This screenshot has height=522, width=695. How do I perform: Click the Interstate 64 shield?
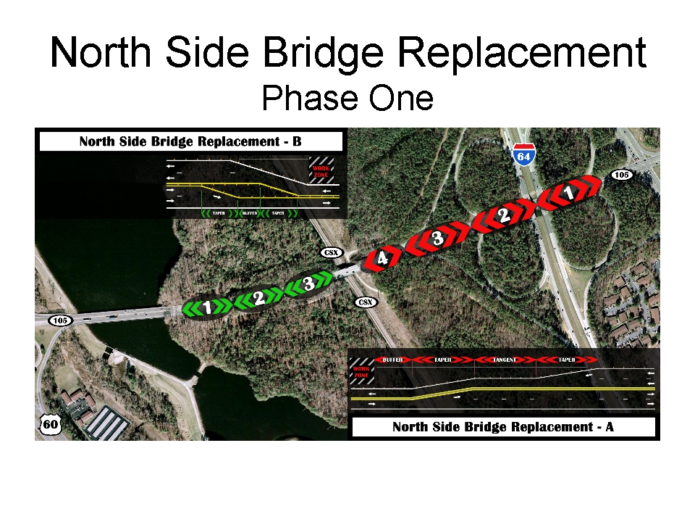pos(523,155)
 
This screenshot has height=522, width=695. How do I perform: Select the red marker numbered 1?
pos(570,194)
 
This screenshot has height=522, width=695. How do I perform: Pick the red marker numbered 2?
pos(505,215)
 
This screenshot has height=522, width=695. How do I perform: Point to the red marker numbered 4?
pos(382,257)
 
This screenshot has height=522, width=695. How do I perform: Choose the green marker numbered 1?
pos(208,307)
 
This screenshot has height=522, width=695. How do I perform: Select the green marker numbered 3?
pos(308,285)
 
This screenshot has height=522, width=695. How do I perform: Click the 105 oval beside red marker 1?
pos(621,175)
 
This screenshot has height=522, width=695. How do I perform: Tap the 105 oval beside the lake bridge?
pos(60,320)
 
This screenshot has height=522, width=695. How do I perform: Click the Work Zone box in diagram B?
pos(320,172)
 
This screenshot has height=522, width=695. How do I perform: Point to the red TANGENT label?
pos(504,360)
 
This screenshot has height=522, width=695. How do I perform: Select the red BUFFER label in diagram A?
pos(392,360)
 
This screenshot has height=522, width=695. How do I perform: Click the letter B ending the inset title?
pos(297,141)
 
